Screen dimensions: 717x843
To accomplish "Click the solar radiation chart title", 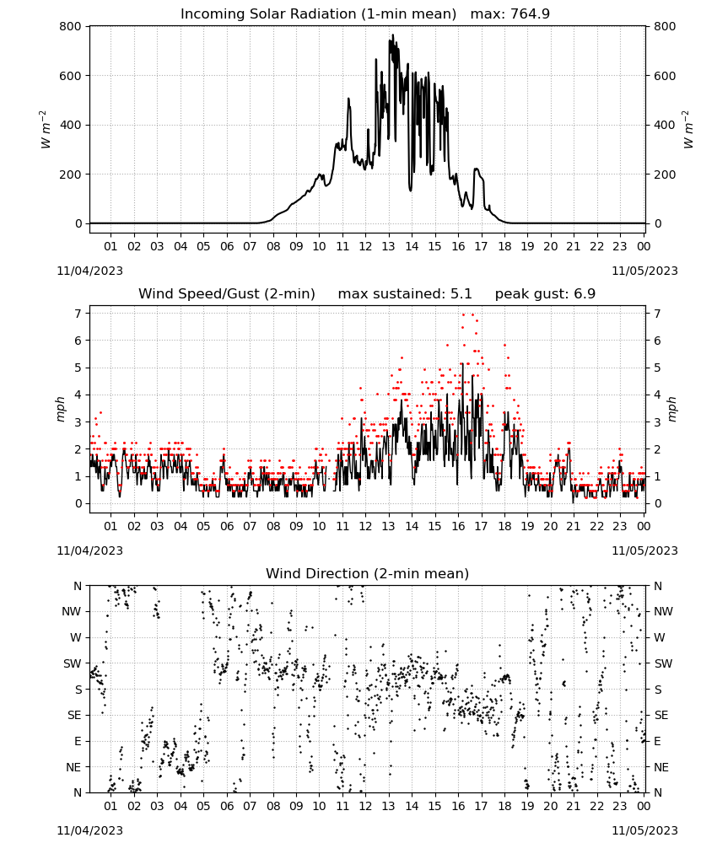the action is [x=364, y=14].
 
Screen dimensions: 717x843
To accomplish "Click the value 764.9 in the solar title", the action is [x=530, y=14].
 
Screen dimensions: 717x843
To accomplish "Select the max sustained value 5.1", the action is [x=461, y=294].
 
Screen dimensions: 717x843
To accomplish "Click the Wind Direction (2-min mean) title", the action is [x=368, y=573].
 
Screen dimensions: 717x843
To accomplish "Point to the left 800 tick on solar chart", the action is [x=71, y=26].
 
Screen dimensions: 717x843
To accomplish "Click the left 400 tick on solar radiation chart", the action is [x=71, y=125].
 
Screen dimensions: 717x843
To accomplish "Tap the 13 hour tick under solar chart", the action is [x=388, y=246].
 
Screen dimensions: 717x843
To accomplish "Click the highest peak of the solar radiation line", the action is [x=392, y=35].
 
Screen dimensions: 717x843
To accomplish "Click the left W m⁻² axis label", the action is [x=46, y=130].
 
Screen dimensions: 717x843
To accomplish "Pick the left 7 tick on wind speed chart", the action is [x=78, y=314].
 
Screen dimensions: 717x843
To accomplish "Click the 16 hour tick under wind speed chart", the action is [x=458, y=526].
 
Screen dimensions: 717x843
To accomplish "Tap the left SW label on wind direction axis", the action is [x=73, y=663].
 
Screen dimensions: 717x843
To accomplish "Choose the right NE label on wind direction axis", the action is [x=661, y=767].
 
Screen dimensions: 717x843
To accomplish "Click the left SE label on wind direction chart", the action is [x=74, y=715].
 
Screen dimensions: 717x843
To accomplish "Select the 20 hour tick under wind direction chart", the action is [x=550, y=806].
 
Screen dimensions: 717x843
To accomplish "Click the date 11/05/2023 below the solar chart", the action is [x=644, y=271].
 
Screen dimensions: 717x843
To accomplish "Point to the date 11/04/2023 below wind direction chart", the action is [x=89, y=830].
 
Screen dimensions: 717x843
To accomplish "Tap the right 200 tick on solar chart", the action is [x=665, y=175].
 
